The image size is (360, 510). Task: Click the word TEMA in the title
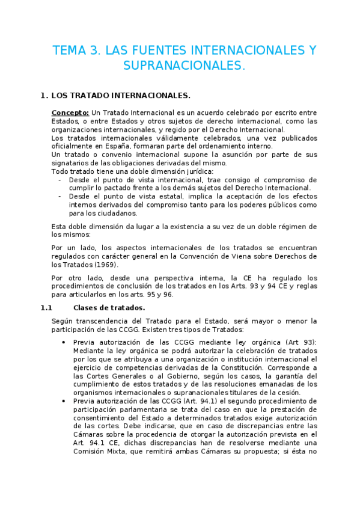(x=68, y=51)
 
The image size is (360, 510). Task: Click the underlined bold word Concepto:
(x=70, y=112)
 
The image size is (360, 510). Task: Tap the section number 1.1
(x=47, y=308)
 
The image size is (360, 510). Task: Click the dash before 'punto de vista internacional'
(x=59, y=180)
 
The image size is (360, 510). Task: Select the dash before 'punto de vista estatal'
(x=59, y=196)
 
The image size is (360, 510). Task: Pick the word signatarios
(x=72, y=163)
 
